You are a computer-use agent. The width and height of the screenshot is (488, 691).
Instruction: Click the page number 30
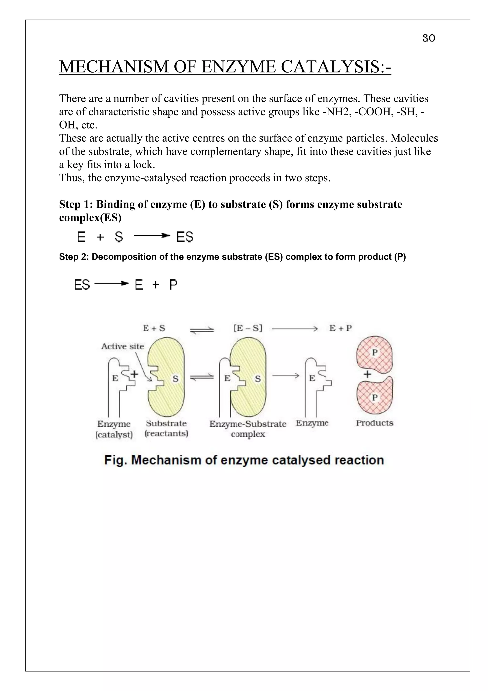pyautogui.click(x=428, y=38)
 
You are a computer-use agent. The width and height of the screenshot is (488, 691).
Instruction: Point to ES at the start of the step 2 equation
pyautogui.click(x=82, y=284)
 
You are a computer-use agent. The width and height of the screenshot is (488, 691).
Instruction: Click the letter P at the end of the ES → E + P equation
pyautogui.click(x=173, y=284)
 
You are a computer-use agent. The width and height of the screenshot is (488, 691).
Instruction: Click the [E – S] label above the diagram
pyautogui.click(x=248, y=328)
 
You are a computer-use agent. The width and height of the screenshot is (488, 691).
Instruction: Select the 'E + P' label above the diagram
pyautogui.click(x=340, y=328)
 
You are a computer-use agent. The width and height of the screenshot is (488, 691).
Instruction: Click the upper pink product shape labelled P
pyautogui.click(x=374, y=352)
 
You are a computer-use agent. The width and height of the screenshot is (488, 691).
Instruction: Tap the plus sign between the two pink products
pyautogui.click(x=367, y=374)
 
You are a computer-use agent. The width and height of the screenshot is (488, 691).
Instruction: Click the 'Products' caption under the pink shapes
pyautogui.click(x=374, y=423)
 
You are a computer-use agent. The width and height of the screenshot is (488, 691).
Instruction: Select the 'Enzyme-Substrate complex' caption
pyautogui.click(x=248, y=429)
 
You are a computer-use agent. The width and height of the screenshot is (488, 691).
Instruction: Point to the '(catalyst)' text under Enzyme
pyautogui.click(x=114, y=434)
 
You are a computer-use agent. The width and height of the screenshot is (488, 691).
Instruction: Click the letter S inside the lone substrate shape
pyautogui.click(x=175, y=379)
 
